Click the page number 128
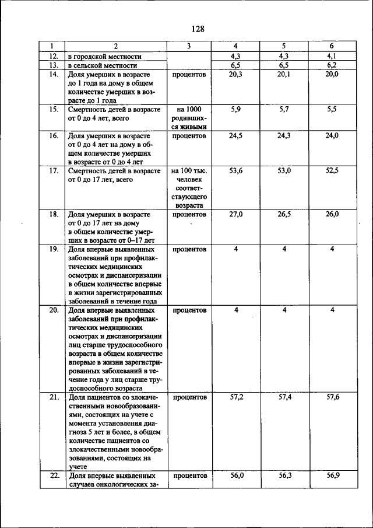[x=196, y=29]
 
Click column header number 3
[x=189, y=46]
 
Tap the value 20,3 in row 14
[x=236, y=75]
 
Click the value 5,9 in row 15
[x=236, y=109]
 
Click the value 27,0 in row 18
[x=236, y=214]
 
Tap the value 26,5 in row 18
[x=284, y=214]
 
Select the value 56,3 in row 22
[x=284, y=475]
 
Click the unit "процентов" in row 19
[x=189, y=249]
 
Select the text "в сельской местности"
[x=103, y=66]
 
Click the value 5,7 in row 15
[x=284, y=109]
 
